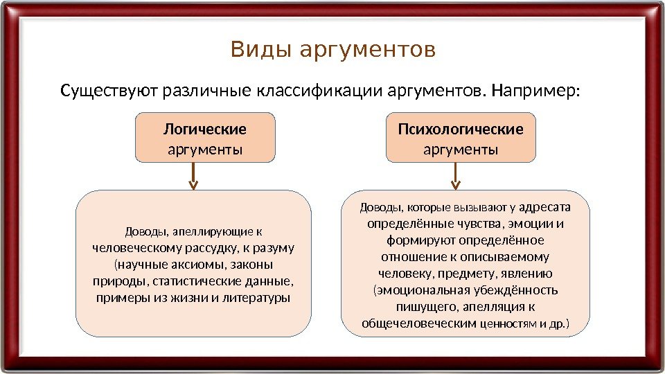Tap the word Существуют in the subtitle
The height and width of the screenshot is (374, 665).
click(x=109, y=91)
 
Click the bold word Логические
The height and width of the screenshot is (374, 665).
click(x=205, y=130)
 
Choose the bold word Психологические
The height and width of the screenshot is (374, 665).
click(x=461, y=130)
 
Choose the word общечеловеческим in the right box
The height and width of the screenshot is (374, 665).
click(x=418, y=323)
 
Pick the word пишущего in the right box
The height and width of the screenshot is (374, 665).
click(x=422, y=307)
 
